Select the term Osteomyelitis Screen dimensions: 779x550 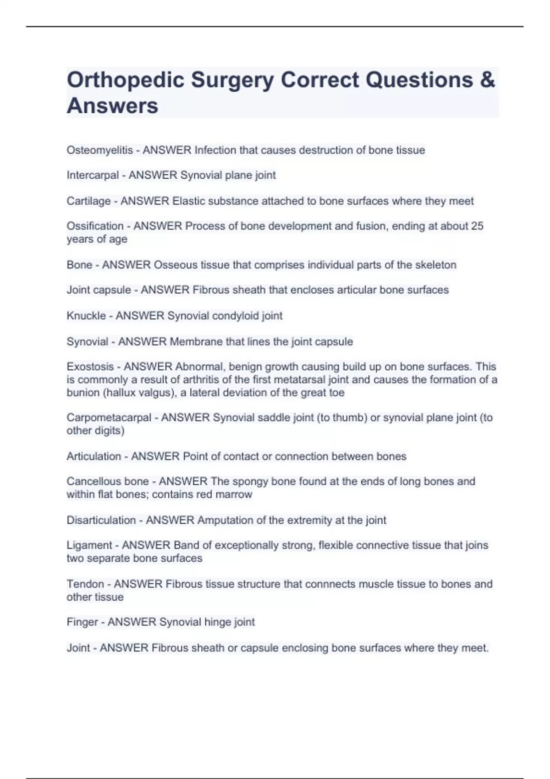(x=99, y=150)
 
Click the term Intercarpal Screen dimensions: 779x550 (x=93, y=176)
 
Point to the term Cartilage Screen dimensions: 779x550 (x=88, y=201)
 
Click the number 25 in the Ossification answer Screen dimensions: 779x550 (x=477, y=226)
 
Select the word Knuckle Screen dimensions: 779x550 (x=86, y=316)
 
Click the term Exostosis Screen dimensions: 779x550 (x=90, y=367)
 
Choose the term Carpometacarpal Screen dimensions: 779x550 (x=109, y=417)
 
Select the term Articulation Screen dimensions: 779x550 (x=94, y=456)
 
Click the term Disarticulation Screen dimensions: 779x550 (x=101, y=521)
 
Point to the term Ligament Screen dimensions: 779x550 (x=89, y=545)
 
